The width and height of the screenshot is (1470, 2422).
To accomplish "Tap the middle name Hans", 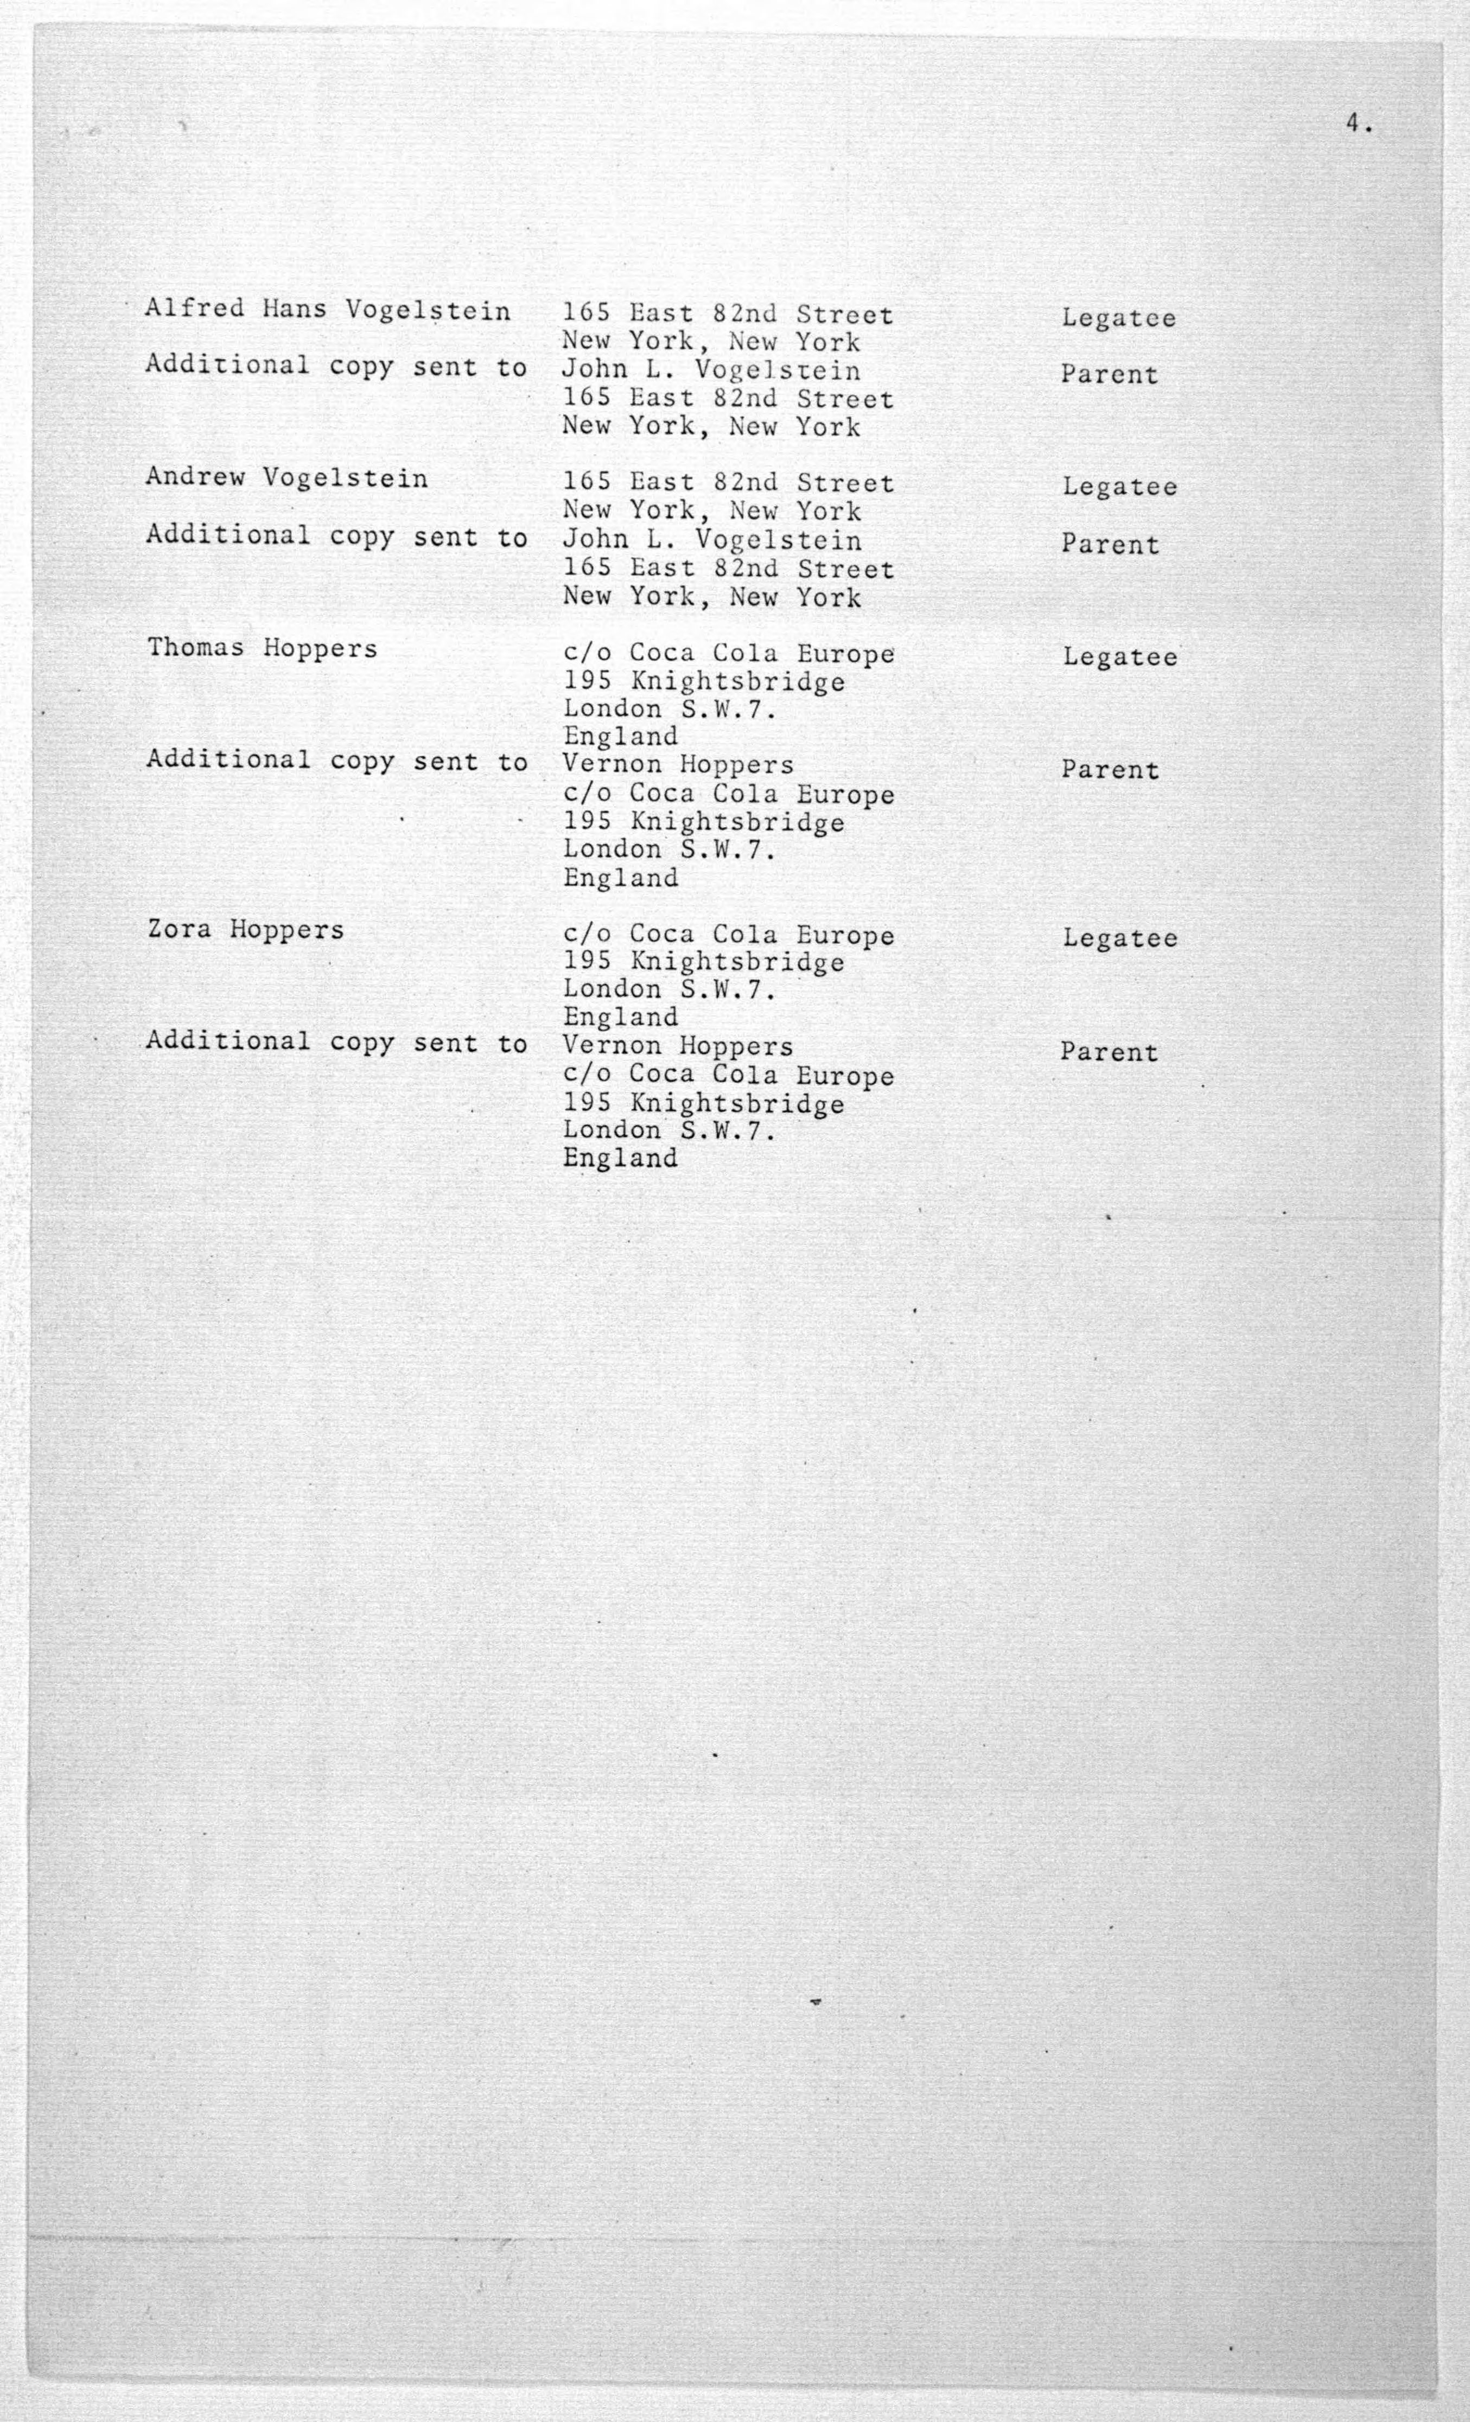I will point(294,310).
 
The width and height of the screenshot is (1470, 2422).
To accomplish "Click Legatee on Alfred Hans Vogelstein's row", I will point(1118,318).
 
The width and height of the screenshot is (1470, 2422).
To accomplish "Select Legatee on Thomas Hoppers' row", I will point(1119,657).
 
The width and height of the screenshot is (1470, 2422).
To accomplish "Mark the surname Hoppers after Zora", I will point(287,930).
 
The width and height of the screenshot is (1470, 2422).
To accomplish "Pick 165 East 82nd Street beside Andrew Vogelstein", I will point(728,483).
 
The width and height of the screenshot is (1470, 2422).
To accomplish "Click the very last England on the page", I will point(620,1158).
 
